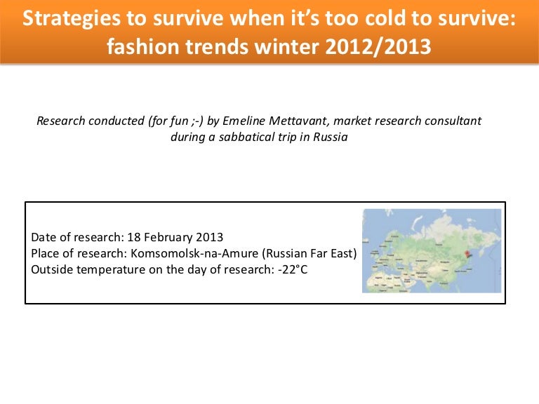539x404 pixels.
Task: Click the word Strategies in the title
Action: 72,19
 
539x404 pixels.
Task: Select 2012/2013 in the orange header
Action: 378,47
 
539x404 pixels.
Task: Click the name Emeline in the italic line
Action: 244,121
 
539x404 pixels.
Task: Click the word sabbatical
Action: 246,137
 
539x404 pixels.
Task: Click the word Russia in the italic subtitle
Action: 330,137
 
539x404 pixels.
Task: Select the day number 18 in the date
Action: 134,237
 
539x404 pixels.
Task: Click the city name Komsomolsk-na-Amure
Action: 194,253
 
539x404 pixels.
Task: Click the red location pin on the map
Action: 467,254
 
